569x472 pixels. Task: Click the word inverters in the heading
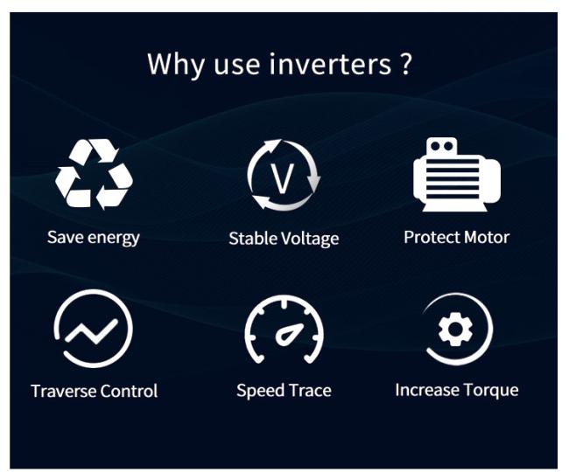point(330,64)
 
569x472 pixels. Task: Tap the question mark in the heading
point(407,64)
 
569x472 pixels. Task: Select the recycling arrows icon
point(94,174)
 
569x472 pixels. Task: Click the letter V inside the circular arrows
point(283,178)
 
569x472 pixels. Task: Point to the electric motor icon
point(456,174)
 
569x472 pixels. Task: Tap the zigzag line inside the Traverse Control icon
point(91,330)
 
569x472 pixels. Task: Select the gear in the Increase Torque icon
point(455,329)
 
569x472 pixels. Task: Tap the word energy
point(114,239)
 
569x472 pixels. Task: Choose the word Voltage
point(310,239)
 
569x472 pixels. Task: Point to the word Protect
point(432,238)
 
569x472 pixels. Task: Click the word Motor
point(487,238)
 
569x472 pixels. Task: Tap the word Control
point(129,392)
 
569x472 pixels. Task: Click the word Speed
point(258,392)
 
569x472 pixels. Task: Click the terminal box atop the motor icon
point(441,147)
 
